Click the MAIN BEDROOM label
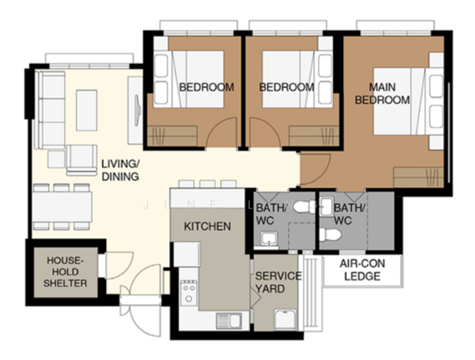click(382, 94)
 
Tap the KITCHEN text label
click(207, 226)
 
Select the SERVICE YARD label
click(278, 282)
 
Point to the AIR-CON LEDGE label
click(362, 270)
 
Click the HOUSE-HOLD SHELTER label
click(66, 271)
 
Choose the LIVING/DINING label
click(120, 170)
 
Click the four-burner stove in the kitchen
click(189, 293)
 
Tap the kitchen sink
click(229, 320)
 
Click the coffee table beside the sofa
click(86, 110)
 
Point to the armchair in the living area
click(81, 158)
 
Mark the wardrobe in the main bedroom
click(418, 178)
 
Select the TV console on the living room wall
click(136, 111)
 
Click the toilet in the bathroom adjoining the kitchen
click(306, 206)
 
